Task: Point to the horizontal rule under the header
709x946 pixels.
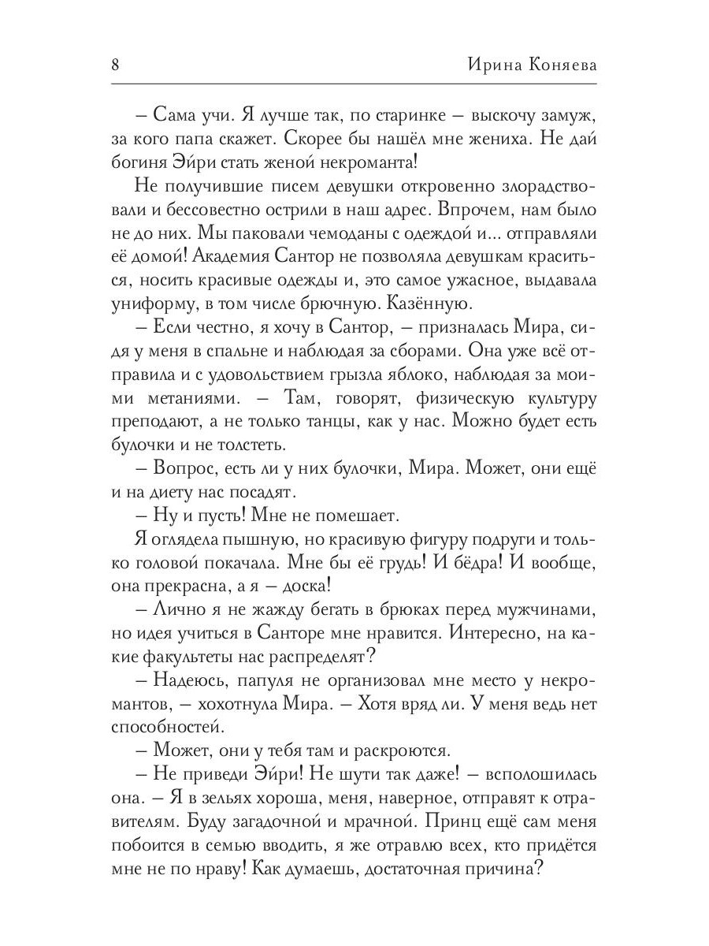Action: pyautogui.click(x=354, y=84)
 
